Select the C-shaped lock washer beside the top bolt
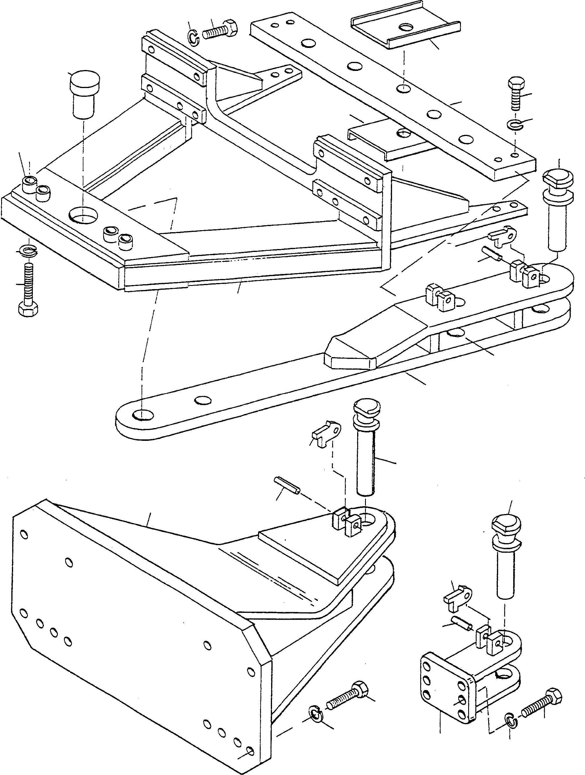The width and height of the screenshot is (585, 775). [x=192, y=37]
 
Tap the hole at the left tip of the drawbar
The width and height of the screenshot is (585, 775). [x=143, y=415]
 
